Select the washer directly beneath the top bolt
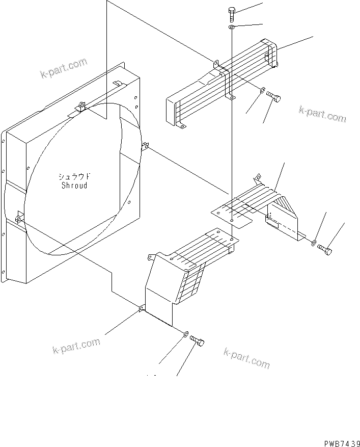pyautogui.click(x=232, y=27)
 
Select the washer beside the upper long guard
pyautogui.click(x=262, y=90)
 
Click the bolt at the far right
pyautogui.click(x=325, y=249)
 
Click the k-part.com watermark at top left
pyautogui.click(x=64, y=69)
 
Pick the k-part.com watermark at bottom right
pyautogui.click(x=246, y=358)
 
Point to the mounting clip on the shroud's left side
pyautogui.click(x=19, y=218)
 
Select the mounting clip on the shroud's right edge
pyautogui.click(x=145, y=146)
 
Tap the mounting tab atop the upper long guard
pyautogui.click(x=216, y=63)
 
